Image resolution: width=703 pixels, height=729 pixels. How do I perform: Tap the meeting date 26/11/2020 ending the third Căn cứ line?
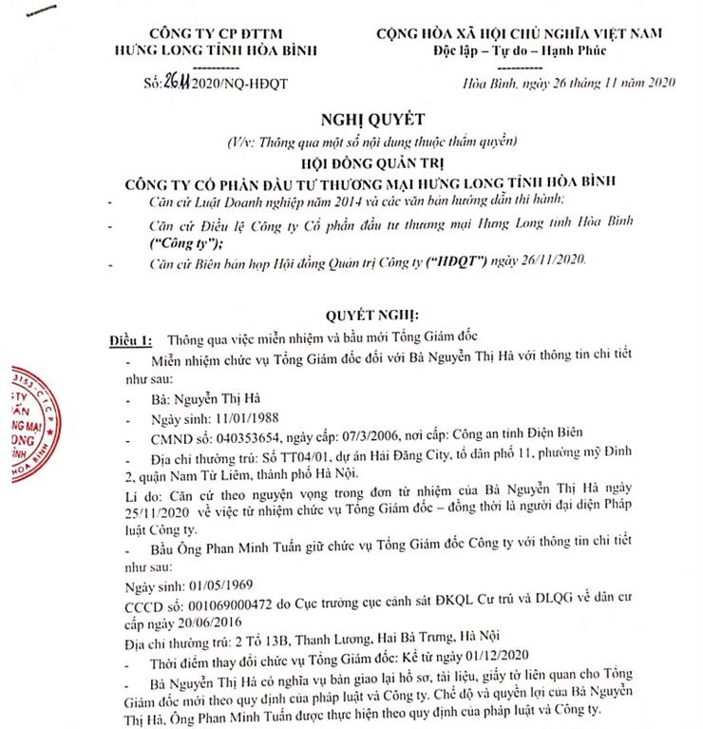[x=555, y=259]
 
